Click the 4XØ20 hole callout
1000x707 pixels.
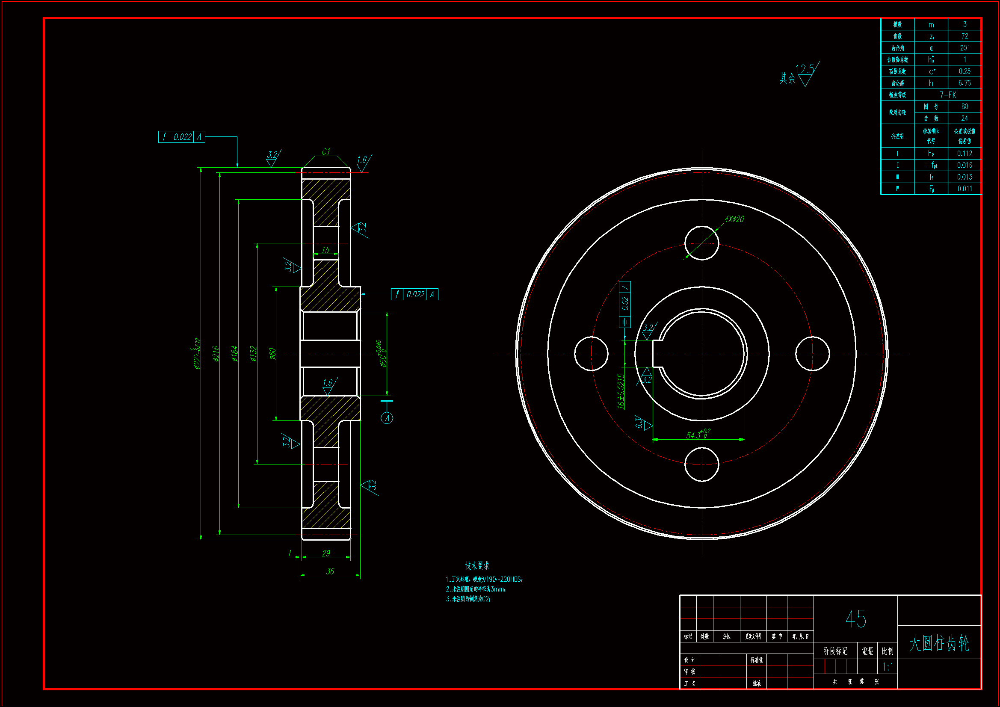[734, 219]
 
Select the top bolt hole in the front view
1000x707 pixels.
[701, 243]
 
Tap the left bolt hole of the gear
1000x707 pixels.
[591, 354]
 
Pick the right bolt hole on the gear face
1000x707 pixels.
[812, 354]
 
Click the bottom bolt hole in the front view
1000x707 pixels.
[701, 464]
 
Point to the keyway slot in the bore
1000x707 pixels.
[657, 354]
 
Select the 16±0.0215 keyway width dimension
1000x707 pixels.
[621, 391]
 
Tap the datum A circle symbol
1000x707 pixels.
[387, 418]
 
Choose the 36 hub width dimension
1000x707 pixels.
[330, 571]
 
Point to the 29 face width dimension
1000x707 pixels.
[326, 553]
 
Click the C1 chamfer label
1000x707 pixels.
[326, 151]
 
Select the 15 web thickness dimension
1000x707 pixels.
[325, 250]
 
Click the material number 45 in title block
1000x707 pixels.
[855, 618]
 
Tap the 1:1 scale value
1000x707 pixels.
[888, 666]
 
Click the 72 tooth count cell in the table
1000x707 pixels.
[965, 36]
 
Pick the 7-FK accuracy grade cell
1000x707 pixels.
[948, 95]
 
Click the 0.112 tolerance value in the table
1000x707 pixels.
[965, 154]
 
